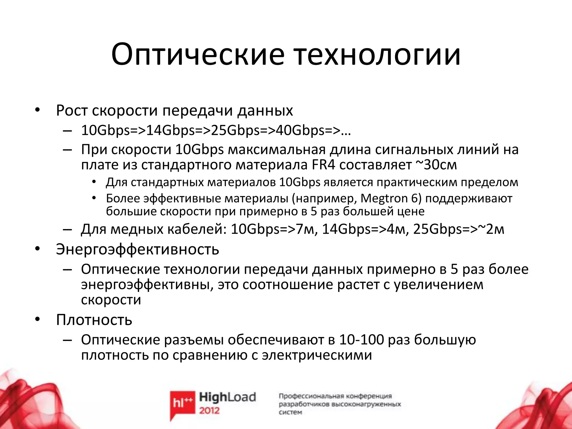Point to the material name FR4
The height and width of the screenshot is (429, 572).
coord(323,165)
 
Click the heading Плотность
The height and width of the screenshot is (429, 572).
coord(94,320)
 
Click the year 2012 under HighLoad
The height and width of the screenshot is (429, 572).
coord(209,411)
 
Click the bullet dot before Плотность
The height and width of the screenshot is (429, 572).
coord(38,319)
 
